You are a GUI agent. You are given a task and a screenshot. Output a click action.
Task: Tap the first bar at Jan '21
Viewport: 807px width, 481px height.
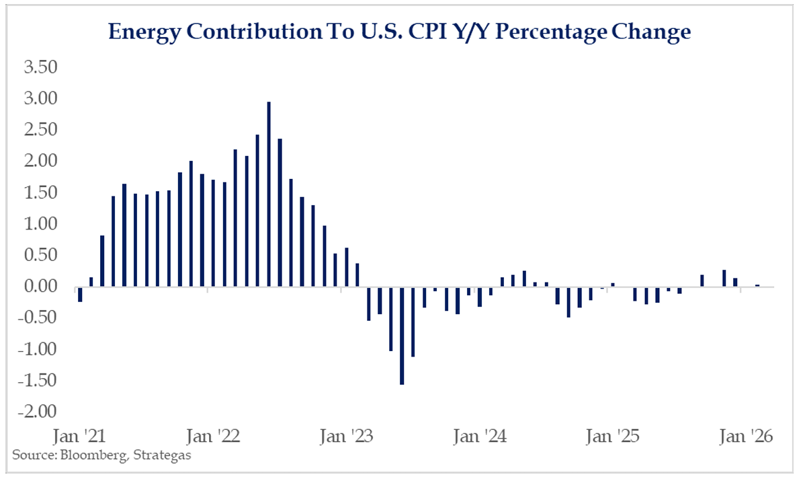pyautogui.click(x=80, y=294)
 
